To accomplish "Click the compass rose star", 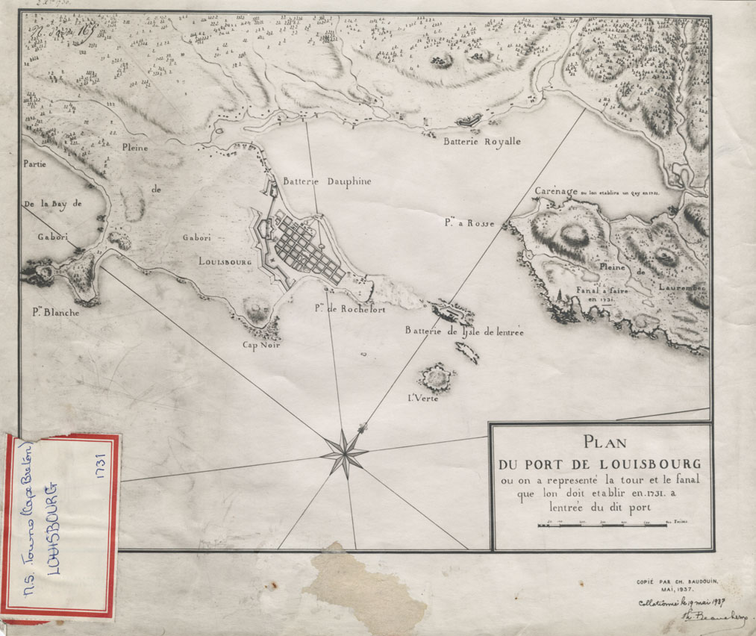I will [x=344, y=452].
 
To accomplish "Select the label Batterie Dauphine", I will [x=326, y=181].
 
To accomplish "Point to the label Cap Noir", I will [x=259, y=345].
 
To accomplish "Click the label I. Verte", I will [x=422, y=397].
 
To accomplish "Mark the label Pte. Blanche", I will [x=55, y=313].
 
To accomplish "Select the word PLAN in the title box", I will [x=605, y=440].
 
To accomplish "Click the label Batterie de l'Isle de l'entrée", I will [x=463, y=331].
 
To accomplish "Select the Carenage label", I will [x=556, y=192].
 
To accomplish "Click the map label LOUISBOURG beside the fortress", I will [x=225, y=263].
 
